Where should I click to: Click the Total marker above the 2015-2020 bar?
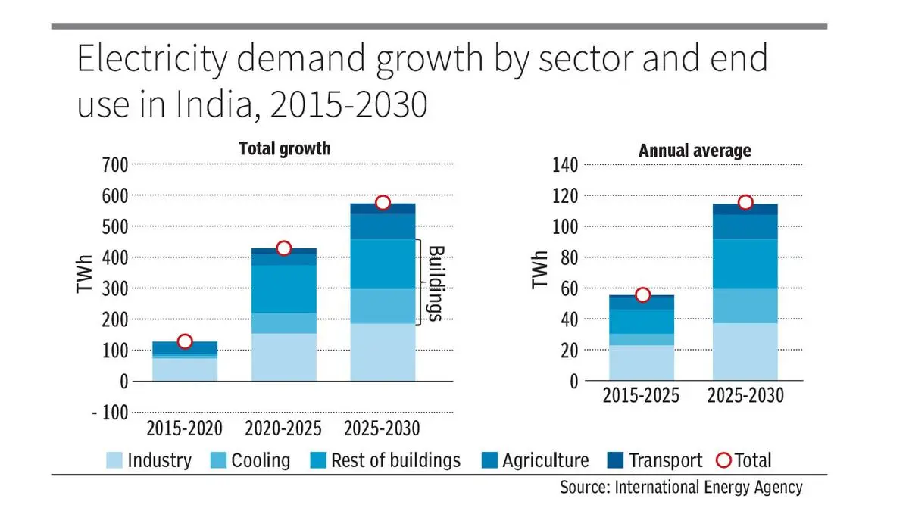tap(185, 342)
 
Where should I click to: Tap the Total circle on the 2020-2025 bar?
tap(284, 248)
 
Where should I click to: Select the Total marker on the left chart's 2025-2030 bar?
tap(383, 203)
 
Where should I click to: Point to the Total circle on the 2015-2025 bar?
tap(642, 295)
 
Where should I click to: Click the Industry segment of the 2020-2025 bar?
tap(284, 357)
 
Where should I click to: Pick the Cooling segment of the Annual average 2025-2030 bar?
tap(745, 306)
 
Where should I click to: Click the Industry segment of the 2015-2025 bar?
tap(642, 363)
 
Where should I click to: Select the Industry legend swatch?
tap(114, 460)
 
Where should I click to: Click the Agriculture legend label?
tap(546, 460)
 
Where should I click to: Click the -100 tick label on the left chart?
tap(109, 413)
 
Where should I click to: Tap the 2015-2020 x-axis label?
tap(185, 428)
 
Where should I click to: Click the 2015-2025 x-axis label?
tap(642, 396)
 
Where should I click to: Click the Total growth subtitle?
tap(285, 148)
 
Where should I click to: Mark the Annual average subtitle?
tap(695, 151)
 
